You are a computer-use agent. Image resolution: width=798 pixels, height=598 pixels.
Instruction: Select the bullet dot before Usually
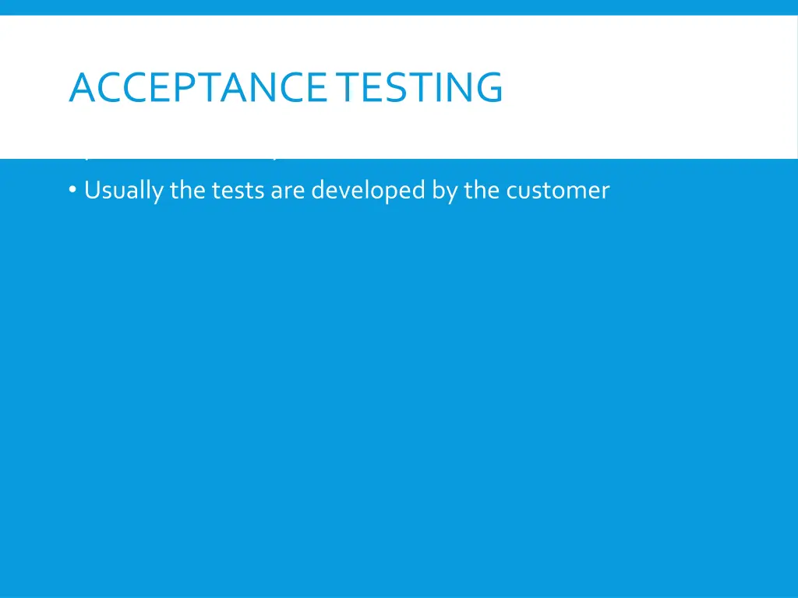click(x=72, y=191)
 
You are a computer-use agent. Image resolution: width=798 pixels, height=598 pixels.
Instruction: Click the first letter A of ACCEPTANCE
click(x=82, y=87)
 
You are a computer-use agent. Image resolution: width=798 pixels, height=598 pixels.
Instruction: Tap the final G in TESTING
click(x=489, y=87)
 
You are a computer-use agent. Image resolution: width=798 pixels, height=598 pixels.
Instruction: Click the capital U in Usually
click(x=91, y=191)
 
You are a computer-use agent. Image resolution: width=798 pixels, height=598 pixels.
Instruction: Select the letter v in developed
click(x=338, y=191)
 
